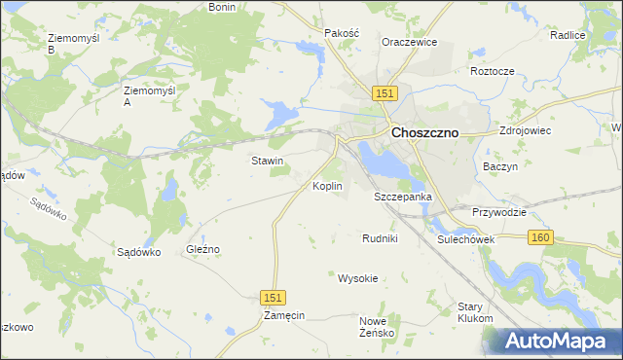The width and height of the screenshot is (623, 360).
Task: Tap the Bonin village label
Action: pos(223,7)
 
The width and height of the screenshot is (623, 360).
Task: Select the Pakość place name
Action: pos(342,32)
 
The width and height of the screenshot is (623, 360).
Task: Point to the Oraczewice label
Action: pos(409,43)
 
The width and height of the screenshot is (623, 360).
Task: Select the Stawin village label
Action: pos(268,161)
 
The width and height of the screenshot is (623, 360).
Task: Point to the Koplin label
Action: pos(327,185)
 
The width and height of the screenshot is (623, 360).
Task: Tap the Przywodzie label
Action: pos(499,212)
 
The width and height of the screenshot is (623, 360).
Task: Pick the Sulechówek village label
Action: pos(467,238)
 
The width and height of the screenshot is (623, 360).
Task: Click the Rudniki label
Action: pos(380,238)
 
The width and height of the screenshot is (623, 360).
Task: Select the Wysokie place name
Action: pos(357,278)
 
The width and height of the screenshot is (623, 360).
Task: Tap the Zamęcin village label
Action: pos(284,316)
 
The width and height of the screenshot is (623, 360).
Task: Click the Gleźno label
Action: pos(203,249)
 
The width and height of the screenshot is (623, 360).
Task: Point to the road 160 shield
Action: pos(541,237)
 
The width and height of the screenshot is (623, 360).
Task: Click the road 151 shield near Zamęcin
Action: pos(274,297)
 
